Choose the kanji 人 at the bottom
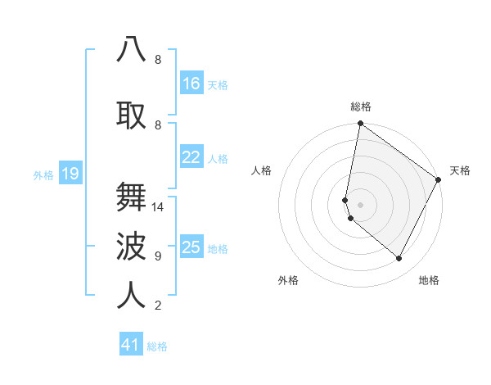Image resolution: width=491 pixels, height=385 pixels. pyautogui.click(x=132, y=294)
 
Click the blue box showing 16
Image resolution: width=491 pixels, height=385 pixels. pyautogui.click(x=191, y=84)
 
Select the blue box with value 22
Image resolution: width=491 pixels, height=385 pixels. pyautogui.click(x=191, y=157)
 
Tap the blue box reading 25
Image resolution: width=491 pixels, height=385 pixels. pyautogui.click(x=191, y=247)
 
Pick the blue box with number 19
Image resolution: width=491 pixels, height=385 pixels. pyautogui.click(x=70, y=174)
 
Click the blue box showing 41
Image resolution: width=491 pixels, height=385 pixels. pyautogui.click(x=131, y=345)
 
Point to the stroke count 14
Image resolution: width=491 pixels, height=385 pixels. pyautogui.click(x=159, y=207)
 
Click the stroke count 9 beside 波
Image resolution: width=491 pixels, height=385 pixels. pyautogui.click(x=157, y=256)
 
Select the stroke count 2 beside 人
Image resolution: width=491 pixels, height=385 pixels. pyautogui.click(x=157, y=306)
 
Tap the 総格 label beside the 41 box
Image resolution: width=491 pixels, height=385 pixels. pyautogui.click(x=157, y=346)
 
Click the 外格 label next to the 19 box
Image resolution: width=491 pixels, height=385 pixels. pyautogui.click(x=43, y=174)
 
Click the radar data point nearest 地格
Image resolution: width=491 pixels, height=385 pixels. pyautogui.click(x=399, y=258)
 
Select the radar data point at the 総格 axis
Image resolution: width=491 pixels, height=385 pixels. pyautogui.click(x=360, y=124)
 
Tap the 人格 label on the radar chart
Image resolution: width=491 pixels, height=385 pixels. pyautogui.click(x=261, y=170)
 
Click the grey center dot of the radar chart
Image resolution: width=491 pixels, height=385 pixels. pyautogui.click(x=360, y=204)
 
